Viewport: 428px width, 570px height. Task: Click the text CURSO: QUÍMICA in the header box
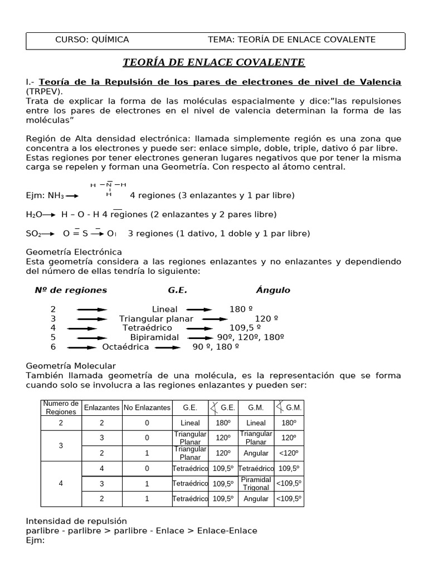click(92, 40)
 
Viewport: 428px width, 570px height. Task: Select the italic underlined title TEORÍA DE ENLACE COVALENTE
click(213, 62)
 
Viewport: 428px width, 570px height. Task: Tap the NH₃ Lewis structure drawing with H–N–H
click(109, 189)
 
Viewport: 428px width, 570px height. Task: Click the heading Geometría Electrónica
click(74, 252)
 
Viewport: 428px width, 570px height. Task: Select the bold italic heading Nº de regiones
click(71, 290)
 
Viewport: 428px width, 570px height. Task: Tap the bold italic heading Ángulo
click(273, 290)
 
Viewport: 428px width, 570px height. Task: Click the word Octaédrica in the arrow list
click(125, 347)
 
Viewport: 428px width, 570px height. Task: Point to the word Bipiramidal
click(154, 337)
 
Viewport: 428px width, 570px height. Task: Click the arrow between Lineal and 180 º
click(199, 309)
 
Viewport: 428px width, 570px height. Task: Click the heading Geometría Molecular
click(71, 366)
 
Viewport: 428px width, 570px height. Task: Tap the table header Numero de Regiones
click(61, 407)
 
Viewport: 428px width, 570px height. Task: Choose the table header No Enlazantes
click(147, 407)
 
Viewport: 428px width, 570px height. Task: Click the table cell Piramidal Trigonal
click(256, 483)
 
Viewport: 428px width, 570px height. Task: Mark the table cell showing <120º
click(289, 453)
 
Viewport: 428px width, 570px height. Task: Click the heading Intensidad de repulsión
click(76, 522)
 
